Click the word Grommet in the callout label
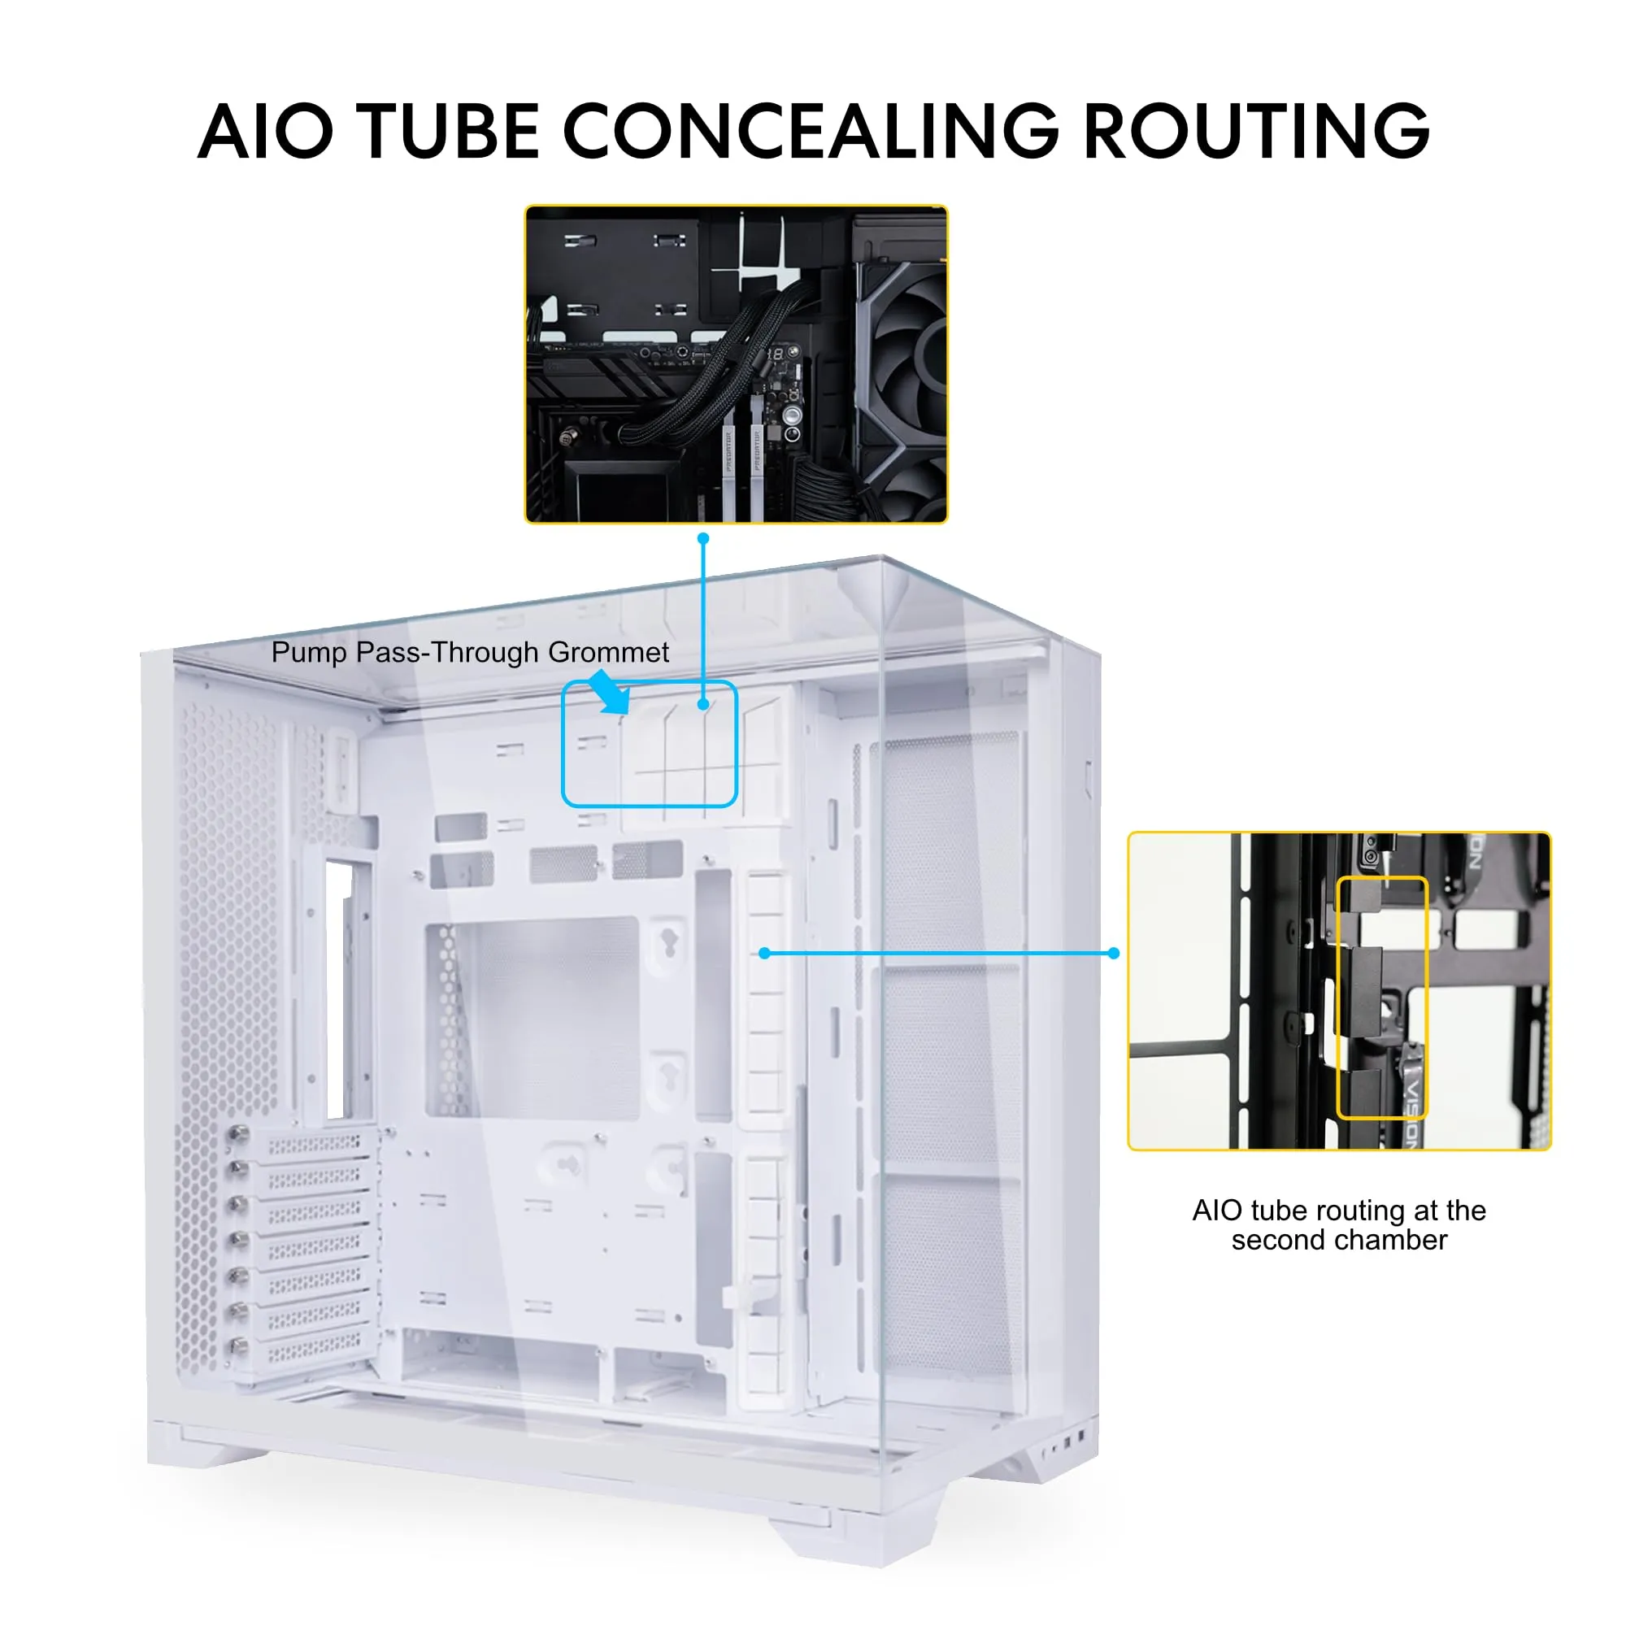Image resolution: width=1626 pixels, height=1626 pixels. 607,652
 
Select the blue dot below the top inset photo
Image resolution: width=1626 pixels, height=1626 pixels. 703,537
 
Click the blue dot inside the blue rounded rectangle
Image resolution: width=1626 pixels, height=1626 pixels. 702,704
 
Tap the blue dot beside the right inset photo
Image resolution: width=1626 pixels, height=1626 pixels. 1114,953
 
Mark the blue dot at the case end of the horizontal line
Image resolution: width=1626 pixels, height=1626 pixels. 764,953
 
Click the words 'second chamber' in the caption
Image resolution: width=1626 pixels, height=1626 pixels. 1339,1240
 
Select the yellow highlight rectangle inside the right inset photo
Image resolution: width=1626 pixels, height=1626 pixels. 1382,998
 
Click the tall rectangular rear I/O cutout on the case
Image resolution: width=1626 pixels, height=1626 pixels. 339,990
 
